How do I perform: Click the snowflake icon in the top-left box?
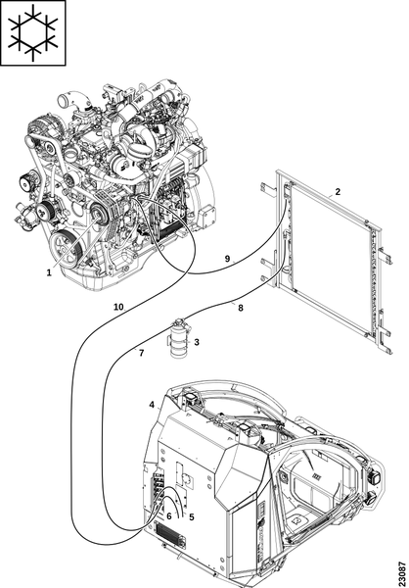coord(33,32)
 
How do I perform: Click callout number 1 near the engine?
coord(49,272)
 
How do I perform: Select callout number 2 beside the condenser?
coord(338,192)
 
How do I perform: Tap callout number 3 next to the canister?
coord(197,342)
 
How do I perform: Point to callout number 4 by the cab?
coord(152,405)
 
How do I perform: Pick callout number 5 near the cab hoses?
coord(192,517)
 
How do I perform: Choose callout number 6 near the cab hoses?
coord(169,516)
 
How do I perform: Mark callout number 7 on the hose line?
coord(141,353)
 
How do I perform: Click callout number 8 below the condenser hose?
coord(240,308)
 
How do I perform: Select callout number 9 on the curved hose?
coord(227,259)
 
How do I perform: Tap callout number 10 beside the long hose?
coord(118,307)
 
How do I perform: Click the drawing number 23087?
coord(402,570)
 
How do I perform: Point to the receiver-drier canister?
coord(180,338)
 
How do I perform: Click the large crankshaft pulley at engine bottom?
coord(68,250)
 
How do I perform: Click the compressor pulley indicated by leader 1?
coord(98,214)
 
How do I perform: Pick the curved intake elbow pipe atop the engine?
coord(73,102)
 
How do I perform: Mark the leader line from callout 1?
coord(73,242)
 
